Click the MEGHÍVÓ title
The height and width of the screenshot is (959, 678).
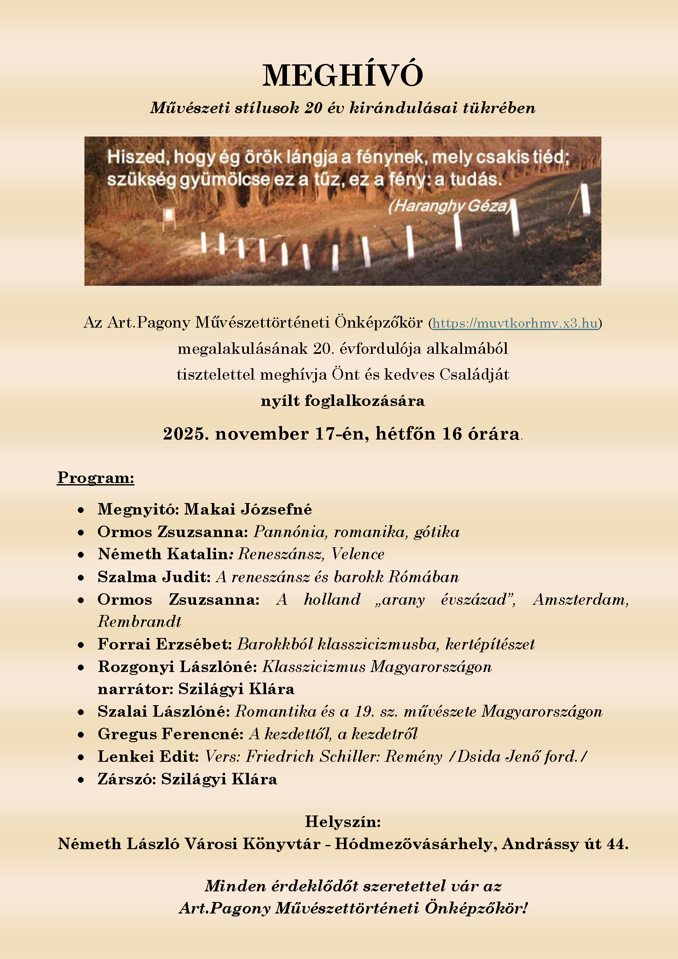coord(343,75)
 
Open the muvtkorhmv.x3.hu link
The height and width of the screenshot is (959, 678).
coord(515,323)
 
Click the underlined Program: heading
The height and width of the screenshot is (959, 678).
coord(96,478)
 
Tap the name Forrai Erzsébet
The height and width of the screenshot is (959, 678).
coord(164,644)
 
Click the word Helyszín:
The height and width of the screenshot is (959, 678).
coord(343,821)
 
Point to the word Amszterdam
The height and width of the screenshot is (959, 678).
coord(581,599)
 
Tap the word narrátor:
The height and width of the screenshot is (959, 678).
coord(135,689)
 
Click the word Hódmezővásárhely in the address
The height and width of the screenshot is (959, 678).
coord(416,844)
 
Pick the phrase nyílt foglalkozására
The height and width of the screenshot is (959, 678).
coord(343,401)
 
